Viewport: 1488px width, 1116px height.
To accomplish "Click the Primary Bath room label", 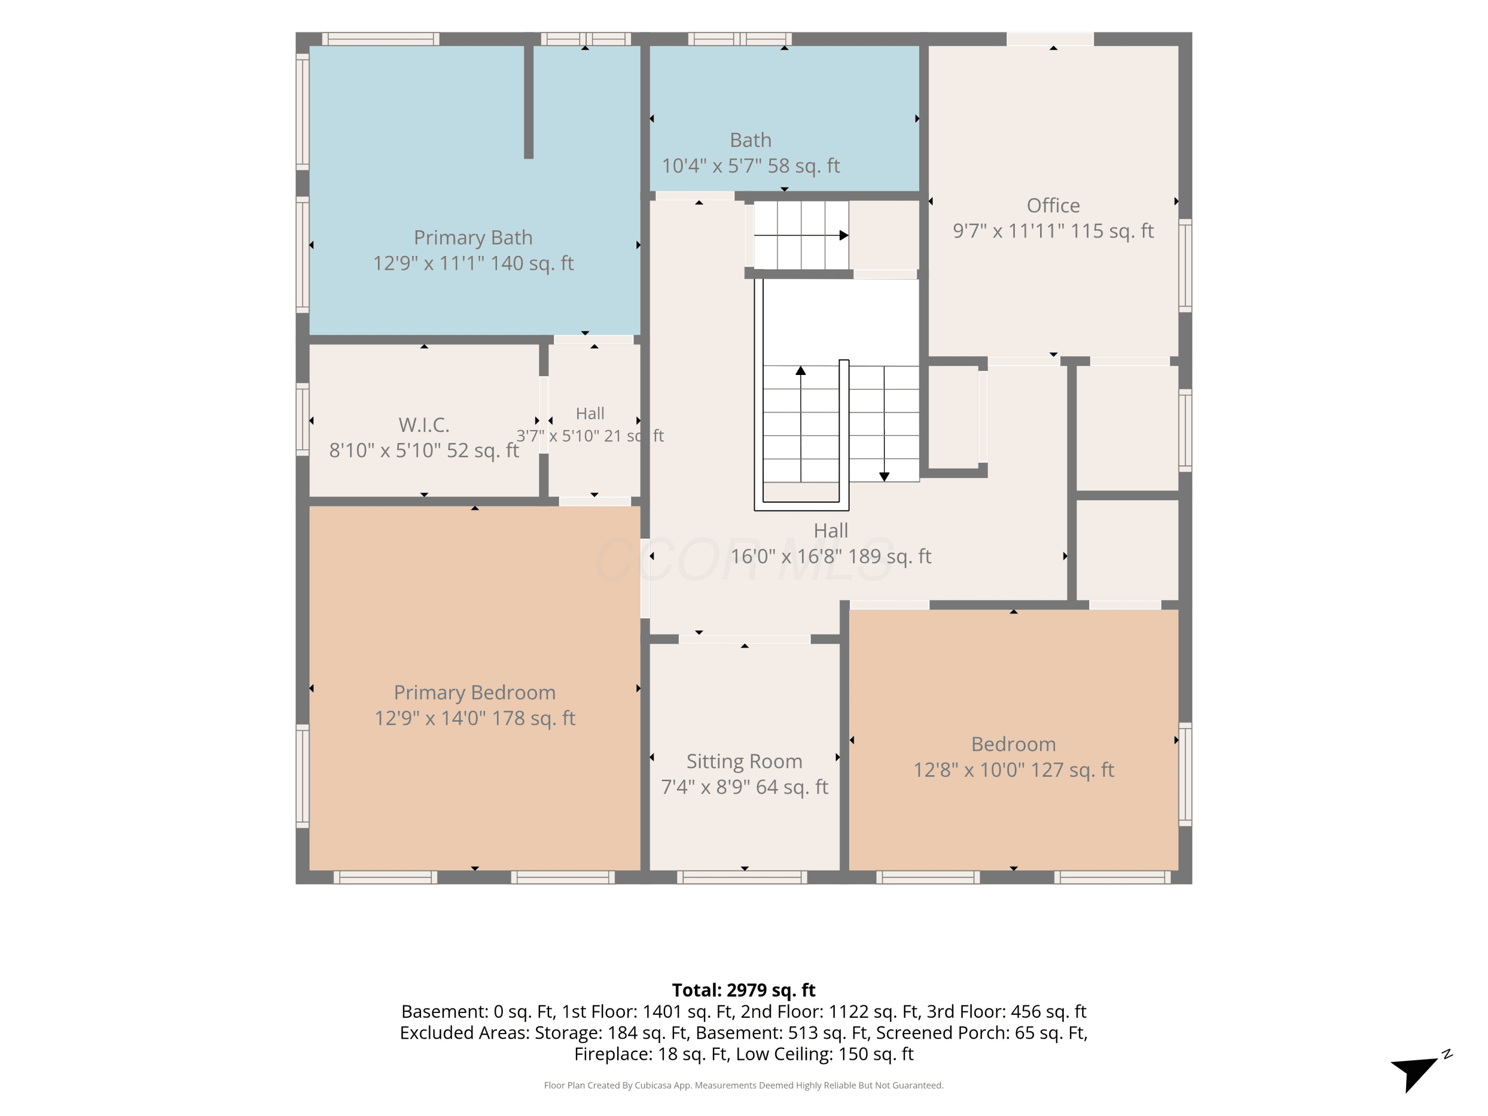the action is click(473, 238).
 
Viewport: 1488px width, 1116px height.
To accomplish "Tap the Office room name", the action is click(1053, 205).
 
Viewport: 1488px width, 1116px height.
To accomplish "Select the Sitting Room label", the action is click(744, 761).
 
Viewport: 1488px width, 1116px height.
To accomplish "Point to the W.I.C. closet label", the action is click(424, 425).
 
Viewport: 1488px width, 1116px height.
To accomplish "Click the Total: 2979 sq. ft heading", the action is click(744, 990).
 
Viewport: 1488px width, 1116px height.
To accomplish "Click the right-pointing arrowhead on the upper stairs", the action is click(844, 236).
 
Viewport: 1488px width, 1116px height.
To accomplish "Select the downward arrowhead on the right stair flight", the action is click(884, 476).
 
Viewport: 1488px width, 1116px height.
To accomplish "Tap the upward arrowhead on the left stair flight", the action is click(801, 371).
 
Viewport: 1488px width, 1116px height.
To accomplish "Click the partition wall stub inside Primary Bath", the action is click(529, 102).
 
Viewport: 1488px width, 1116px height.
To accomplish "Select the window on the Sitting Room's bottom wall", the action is click(742, 877).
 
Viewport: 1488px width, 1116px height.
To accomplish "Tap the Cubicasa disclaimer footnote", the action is click(744, 1085).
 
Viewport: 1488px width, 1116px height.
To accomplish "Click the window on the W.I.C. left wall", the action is click(303, 420).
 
